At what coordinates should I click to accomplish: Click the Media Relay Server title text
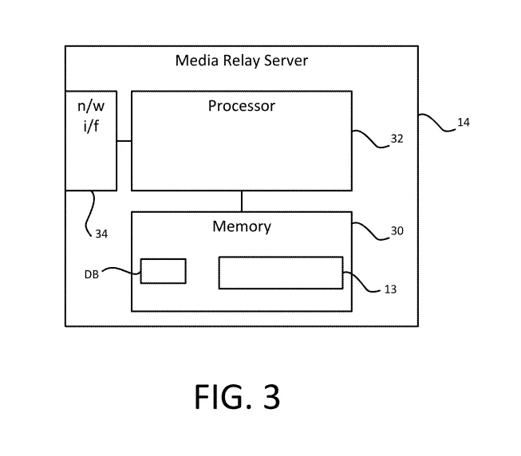[241, 61]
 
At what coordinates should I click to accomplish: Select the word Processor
[242, 105]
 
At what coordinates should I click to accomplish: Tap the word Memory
[242, 226]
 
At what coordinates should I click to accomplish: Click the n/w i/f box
[90, 140]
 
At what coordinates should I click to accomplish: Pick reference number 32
[397, 139]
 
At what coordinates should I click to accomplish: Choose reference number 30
[397, 231]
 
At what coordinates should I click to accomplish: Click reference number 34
[101, 234]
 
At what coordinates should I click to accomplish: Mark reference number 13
[389, 289]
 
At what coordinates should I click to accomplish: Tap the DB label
[92, 274]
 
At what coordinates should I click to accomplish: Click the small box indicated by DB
[163, 271]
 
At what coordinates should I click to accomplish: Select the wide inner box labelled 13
[281, 272]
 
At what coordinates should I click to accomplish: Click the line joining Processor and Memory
[242, 201]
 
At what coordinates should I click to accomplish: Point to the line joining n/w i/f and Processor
[124, 141]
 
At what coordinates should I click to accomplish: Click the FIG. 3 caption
[237, 397]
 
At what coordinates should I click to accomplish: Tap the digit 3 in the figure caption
[270, 397]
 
